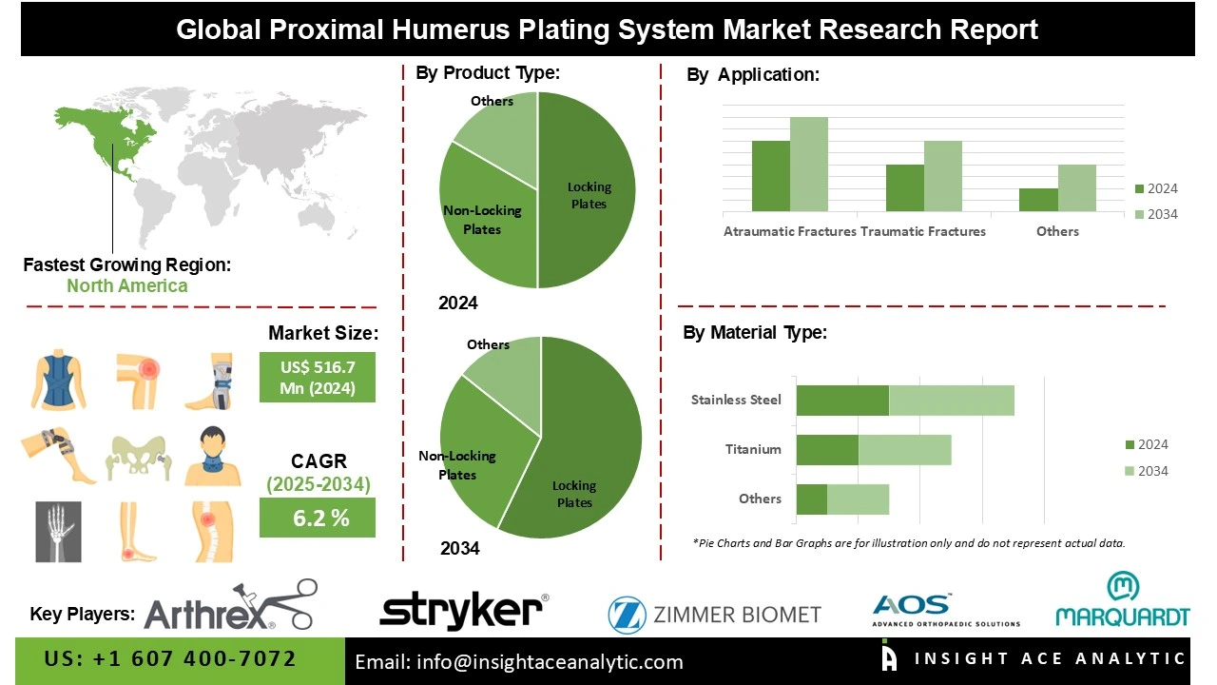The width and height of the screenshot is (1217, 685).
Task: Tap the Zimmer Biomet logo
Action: coord(714,615)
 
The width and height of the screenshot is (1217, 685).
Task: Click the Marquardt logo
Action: coord(1122,600)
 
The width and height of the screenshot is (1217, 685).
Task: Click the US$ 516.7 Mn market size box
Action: coord(317,377)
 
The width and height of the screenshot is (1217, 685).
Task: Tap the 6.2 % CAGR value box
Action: coord(317,519)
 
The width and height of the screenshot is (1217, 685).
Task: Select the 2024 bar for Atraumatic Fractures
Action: coord(770,176)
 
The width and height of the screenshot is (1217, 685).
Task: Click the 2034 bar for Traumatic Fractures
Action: coord(943,176)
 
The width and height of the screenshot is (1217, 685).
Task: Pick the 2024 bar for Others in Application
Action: coord(1038,200)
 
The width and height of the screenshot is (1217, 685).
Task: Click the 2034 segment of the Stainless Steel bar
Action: coord(951,401)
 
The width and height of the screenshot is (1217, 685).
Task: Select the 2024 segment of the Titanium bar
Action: coord(827,450)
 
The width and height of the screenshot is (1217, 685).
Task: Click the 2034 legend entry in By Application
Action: coord(1156,214)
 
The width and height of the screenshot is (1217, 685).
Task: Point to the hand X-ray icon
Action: coord(58,530)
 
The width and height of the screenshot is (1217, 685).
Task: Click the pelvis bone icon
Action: coord(138,457)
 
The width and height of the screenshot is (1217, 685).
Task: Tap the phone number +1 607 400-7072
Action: coord(170,659)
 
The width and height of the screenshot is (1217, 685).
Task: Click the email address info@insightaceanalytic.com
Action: coord(519,662)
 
